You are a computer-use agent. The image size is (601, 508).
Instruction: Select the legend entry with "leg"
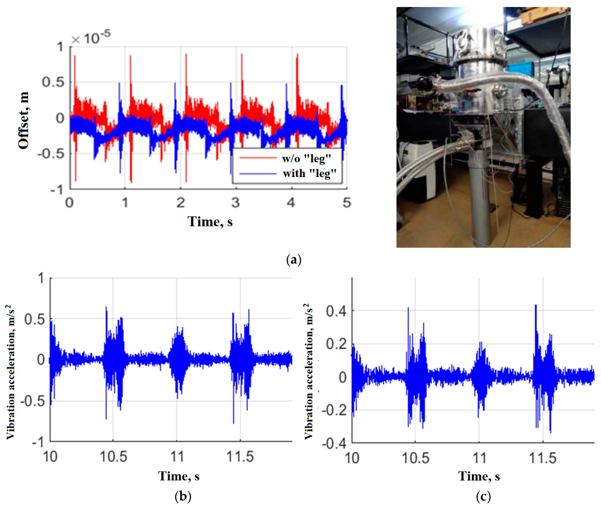click(309, 173)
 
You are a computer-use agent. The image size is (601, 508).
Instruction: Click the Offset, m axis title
click(24, 120)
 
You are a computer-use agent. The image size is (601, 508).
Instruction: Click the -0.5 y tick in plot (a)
click(55, 154)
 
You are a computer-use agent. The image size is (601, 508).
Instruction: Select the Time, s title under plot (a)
click(210, 222)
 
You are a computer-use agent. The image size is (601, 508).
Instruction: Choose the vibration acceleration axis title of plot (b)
click(10, 372)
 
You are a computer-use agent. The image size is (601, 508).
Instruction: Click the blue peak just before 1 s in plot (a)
click(119, 84)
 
